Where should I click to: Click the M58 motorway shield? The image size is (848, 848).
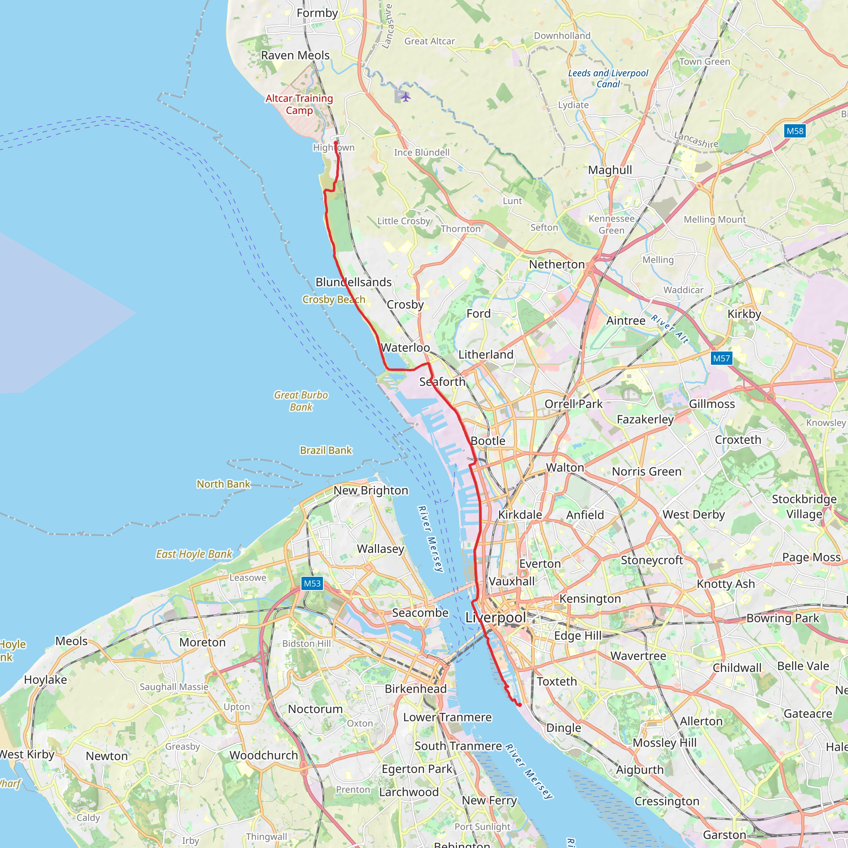pos(795,131)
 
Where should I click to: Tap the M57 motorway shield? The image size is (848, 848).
pos(722,358)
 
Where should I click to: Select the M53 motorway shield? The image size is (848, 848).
pos(312,583)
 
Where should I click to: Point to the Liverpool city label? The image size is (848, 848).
pos(496,617)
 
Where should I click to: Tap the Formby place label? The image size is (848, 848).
pos(317,13)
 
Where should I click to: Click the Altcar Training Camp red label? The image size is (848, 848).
pos(299,104)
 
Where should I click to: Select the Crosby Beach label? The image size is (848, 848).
pos(334,299)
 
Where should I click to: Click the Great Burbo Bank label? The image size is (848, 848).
pos(301,401)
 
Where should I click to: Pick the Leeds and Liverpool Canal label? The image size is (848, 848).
pos(608,79)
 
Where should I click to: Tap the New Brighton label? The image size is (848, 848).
pos(371,490)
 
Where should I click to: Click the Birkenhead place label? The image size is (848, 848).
pos(416,689)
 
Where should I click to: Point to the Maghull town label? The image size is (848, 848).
pos(610,170)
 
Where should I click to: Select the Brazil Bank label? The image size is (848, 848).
pos(326,450)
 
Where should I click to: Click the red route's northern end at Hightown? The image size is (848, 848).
pos(336,143)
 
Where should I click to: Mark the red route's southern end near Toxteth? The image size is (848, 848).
pos(520,705)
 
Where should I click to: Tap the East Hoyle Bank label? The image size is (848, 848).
pos(194,554)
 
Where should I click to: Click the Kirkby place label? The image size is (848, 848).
pos(744,314)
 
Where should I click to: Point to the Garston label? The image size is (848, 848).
pos(725,835)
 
